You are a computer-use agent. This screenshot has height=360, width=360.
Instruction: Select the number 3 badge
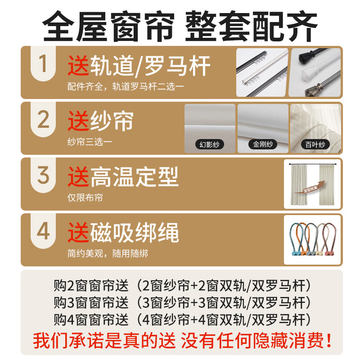(x=43, y=175)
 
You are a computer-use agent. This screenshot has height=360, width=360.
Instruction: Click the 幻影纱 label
(x=209, y=145)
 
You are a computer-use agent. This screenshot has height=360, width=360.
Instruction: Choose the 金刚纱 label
(x=262, y=145)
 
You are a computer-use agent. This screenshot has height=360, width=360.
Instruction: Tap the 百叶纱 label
(x=315, y=145)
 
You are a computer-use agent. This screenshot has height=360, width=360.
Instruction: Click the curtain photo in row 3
(x=312, y=184)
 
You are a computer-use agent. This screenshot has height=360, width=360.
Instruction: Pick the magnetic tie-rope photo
(x=312, y=240)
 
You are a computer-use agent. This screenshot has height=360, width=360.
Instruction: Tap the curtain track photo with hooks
(x=262, y=72)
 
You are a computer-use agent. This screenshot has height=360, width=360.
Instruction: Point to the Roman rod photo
(x=315, y=72)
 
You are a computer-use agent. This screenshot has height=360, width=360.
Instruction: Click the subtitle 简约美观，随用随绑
(x=108, y=254)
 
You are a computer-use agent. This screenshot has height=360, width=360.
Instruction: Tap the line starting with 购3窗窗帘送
(x=182, y=302)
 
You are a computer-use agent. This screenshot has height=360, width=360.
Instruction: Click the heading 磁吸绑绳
(x=135, y=233)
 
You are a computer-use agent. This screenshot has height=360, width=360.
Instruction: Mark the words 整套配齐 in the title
(x=252, y=25)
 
